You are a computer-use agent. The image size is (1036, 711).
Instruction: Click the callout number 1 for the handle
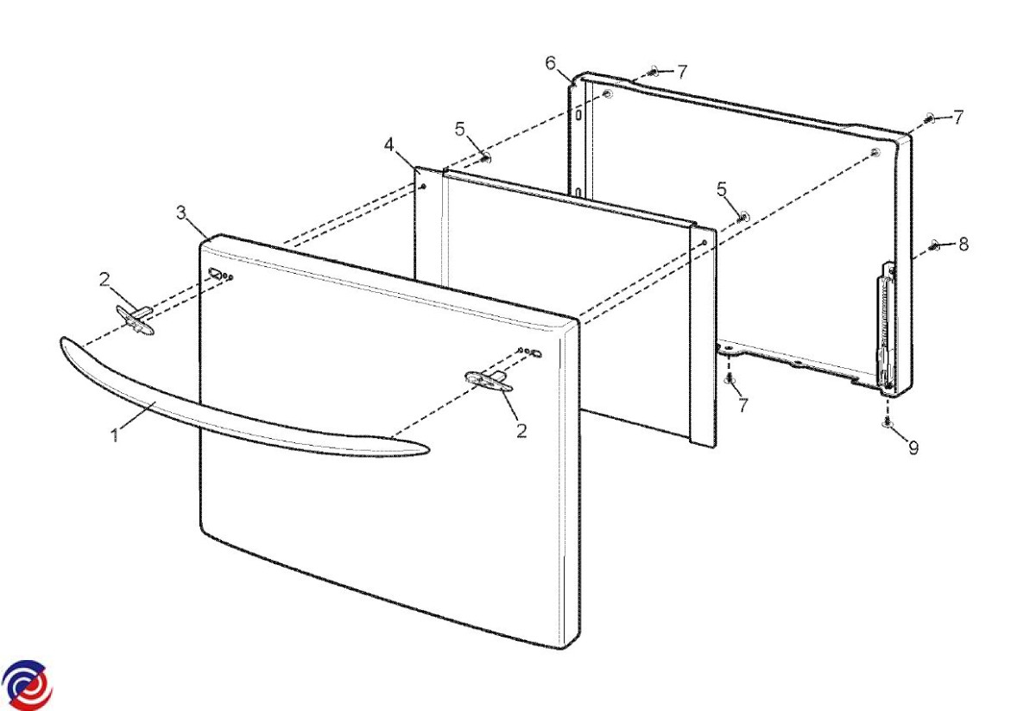[x=115, y=435]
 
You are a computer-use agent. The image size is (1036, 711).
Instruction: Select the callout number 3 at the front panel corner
[x=181, y=213]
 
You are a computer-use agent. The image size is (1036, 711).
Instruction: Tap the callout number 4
[x=389, y=145]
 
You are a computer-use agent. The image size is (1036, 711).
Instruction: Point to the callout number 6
[x=551, y=63]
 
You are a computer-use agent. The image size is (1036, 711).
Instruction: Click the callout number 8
[x=963, y=244]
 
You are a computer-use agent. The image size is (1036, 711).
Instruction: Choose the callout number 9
[x=913, y=448]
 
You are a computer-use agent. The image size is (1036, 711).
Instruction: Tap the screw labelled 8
[x=935, y=245]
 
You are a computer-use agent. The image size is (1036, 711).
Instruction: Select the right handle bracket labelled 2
[x=489, y=380]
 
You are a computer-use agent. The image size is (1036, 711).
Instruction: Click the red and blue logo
[x=27, y=686]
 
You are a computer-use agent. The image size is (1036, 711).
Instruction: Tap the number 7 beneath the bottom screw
[x=742, y=405]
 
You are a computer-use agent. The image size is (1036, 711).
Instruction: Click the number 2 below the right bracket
[x=521, y=431]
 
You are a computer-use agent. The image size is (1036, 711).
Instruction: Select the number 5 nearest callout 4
[x=459, y=129]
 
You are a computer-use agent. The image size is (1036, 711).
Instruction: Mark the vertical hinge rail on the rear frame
[x=886, y=327]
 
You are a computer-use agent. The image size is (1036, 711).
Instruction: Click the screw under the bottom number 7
[x=730, y=378]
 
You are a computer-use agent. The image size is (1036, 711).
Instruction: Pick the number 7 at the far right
[x=958, y=117]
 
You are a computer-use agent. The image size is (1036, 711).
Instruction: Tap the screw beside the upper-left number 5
[x=485, y=157]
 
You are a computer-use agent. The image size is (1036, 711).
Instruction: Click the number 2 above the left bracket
[x=104, y=279]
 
